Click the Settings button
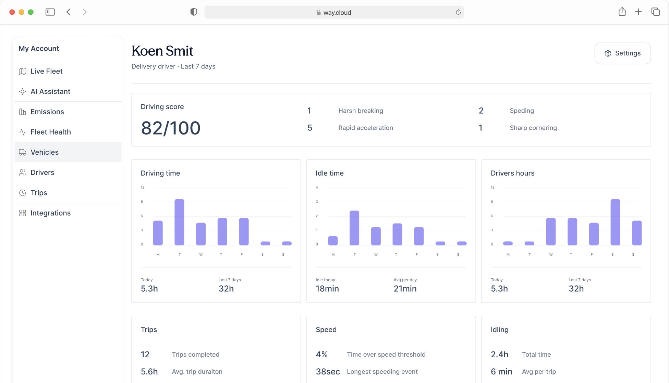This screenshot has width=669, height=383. (622, 53)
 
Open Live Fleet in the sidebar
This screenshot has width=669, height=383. (46, 71)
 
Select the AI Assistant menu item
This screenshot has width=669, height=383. (50, 91)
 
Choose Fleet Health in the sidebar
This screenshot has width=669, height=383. (50, 132)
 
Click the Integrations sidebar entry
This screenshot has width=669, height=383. (50, 213)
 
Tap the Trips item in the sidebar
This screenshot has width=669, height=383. (39, 193)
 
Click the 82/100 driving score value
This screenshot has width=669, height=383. (170, 128)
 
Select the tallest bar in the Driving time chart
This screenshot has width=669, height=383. (179, 222)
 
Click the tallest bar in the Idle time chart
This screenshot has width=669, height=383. (354, 228)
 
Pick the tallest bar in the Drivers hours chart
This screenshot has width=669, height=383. (615, 222)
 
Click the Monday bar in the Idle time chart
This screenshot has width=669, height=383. (333, 241)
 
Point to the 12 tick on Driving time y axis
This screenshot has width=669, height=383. (143, 188)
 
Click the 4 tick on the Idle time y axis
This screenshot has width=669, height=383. (317, 188)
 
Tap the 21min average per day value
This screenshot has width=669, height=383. (405, 289)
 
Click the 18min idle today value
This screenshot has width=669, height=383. (327, 289)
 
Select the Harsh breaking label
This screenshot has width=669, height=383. (361, 111)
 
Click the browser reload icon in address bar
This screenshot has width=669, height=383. (458, 12)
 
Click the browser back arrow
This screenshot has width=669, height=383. (69, 12)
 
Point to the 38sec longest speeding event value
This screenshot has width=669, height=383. (328, 372)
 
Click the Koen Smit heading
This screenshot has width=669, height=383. (162, 51)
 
